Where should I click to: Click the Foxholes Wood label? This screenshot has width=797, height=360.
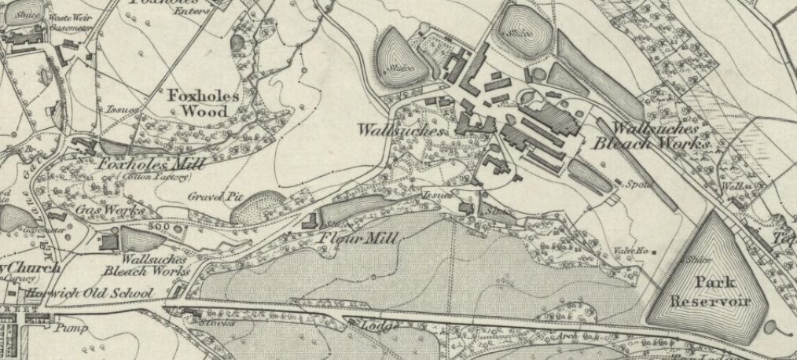click(x=204, y=102)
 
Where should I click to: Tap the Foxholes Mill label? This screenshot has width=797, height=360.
click(x=151, y=164)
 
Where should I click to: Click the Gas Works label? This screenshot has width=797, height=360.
click(x=109, y=211)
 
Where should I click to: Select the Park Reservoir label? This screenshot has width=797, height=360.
click(x=710, y=291)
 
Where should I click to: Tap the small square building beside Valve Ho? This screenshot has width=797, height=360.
click(x=654, y=252)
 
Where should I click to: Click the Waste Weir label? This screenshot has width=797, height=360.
click(x=65, y=17)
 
